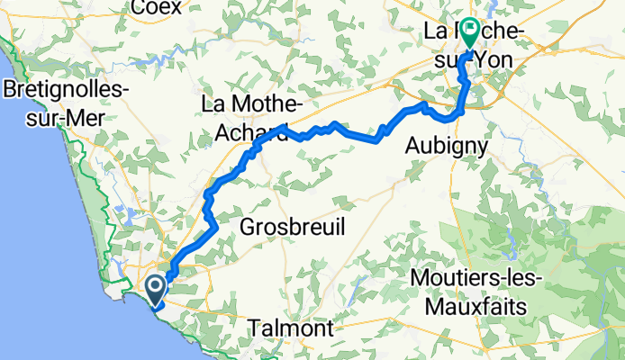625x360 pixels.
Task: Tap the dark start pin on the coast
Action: [155, 288]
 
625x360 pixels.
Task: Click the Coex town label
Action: [156, 8]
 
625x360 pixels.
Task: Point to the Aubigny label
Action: [447, 145]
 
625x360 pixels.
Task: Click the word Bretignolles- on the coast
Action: [68, 91]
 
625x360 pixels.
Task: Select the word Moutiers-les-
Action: [476, 279]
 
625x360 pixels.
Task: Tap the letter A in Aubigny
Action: [413, 145]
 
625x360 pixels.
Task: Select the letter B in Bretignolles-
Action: [10, 91]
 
